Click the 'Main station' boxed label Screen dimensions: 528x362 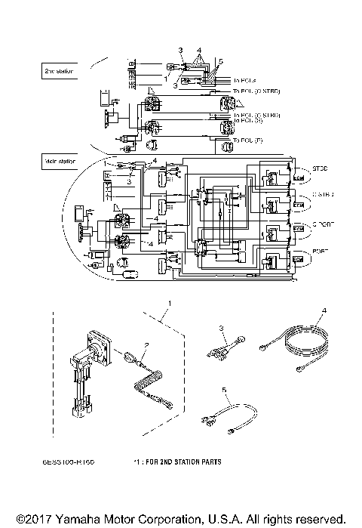pyautogui.click(x=57, y=160)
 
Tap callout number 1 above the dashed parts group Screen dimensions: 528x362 pyautogui.click(x=170, y=302)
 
